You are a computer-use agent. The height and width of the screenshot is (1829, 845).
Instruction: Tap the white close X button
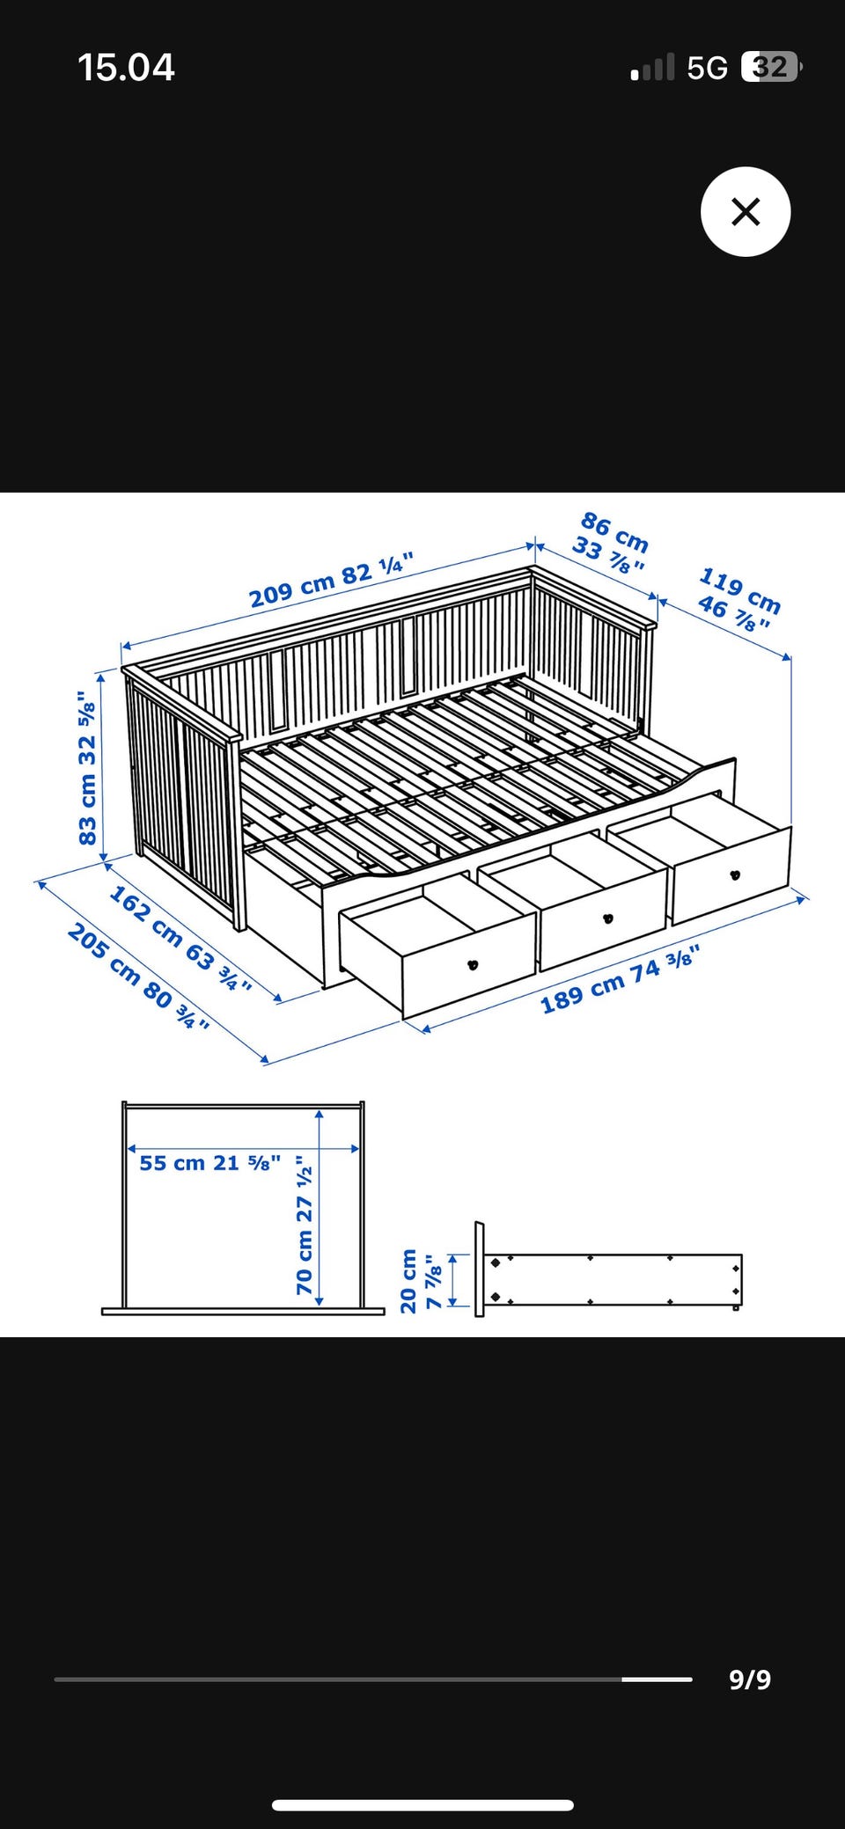coord(746,212)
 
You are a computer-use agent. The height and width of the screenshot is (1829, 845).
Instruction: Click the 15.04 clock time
coord(126,68)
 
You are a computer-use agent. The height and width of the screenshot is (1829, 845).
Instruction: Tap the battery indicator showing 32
coord(772,67)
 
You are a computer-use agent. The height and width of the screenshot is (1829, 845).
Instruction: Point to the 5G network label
coord(707,68)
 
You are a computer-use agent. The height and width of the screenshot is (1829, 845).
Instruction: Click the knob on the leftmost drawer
coord(473,965)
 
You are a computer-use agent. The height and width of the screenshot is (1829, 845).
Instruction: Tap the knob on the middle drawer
coord(607,918)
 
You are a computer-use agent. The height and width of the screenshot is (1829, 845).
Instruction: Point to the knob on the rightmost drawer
coord(735,874)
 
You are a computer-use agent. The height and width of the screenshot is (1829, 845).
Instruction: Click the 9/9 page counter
coord(750,1679)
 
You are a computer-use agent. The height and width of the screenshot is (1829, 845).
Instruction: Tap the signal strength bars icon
coord(653,68)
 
